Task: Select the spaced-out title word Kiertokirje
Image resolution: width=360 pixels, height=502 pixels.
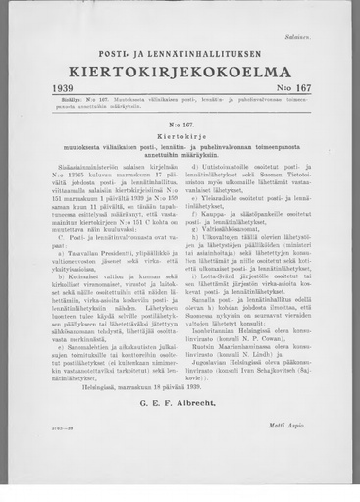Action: (180, 137)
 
